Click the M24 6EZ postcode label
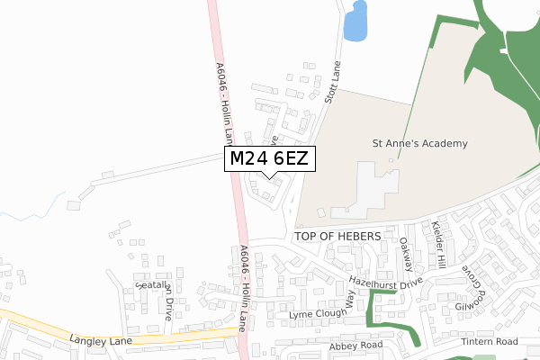coord(269,158)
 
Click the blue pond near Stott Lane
coord(356,21)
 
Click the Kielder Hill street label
coord(438,244)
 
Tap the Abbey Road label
coord(355,345)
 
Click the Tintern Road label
coord(489,341)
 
